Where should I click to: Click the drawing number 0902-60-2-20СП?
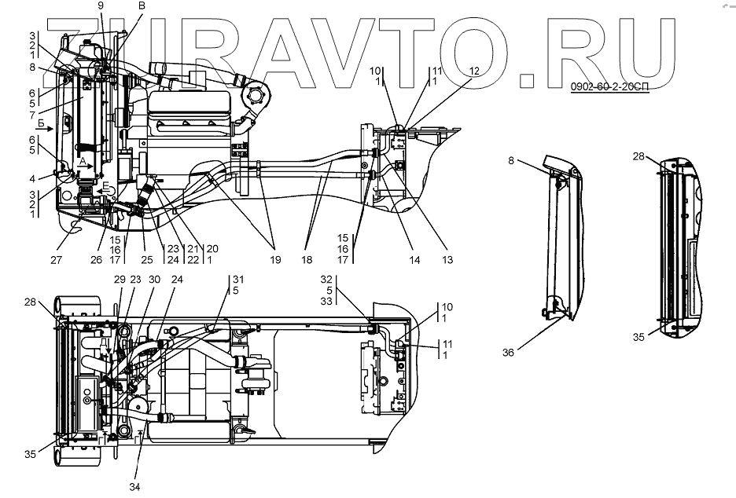[609, 86]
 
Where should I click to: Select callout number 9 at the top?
[100, 6]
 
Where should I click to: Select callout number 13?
[447, 259]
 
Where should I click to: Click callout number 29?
[120, 279]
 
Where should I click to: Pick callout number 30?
[154, 279]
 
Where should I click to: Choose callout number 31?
[238, 279]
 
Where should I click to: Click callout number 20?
[212, 249]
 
